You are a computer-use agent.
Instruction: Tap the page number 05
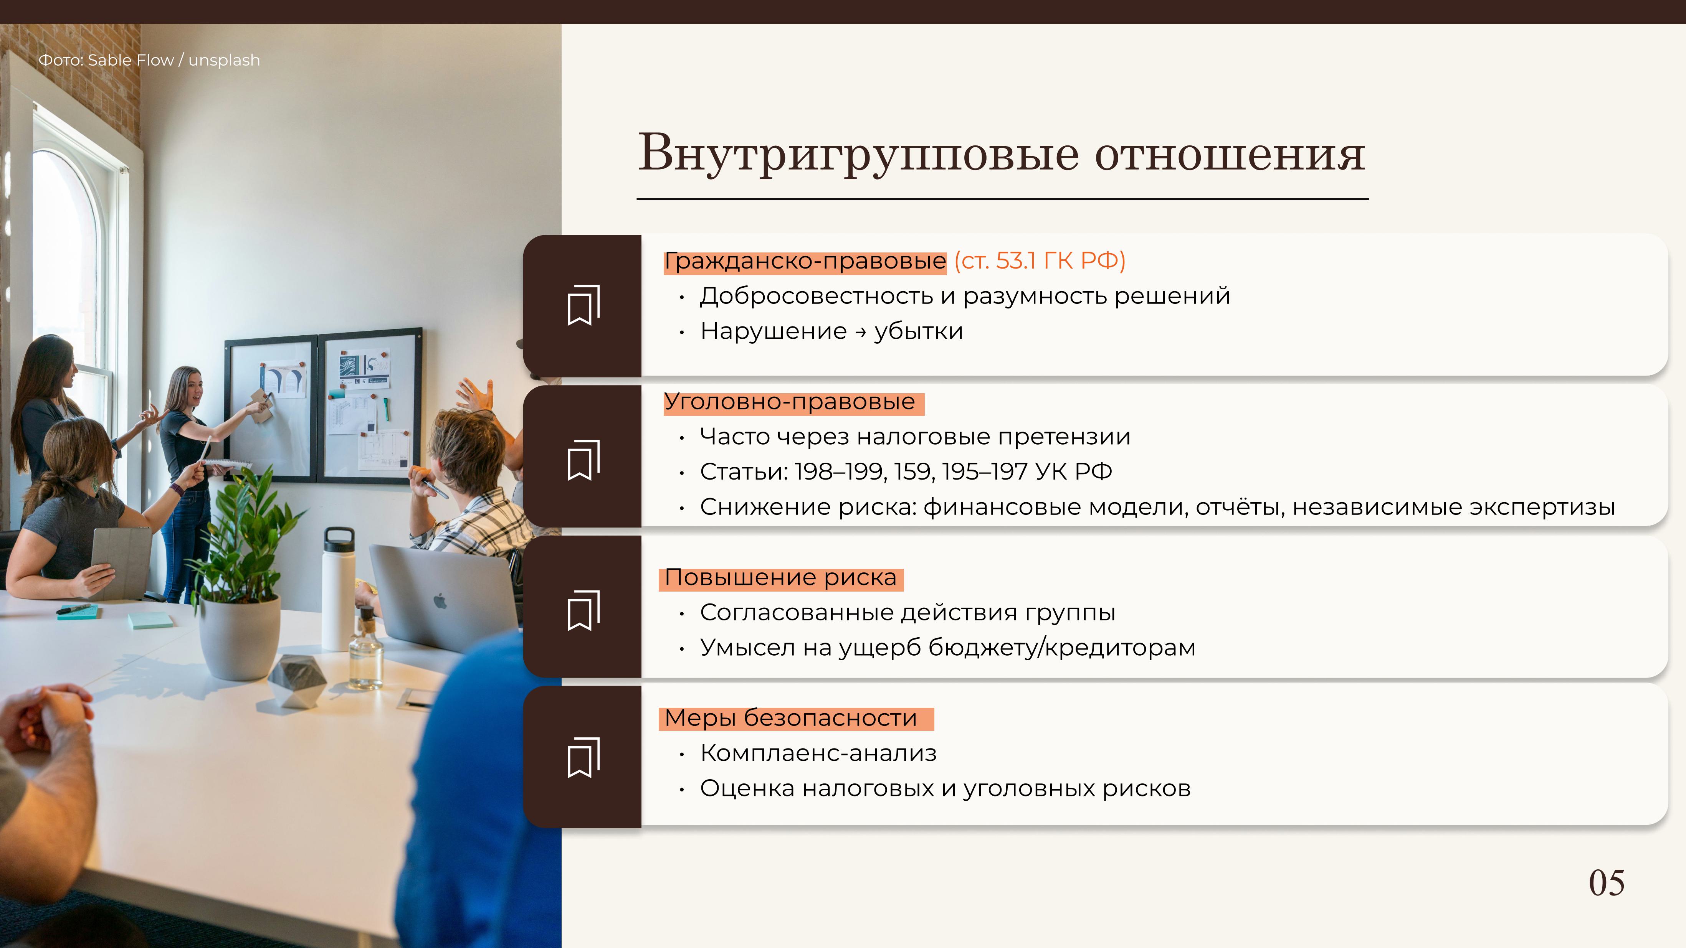[x=1607, y=883]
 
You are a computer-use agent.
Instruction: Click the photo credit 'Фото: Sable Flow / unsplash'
[x=149, y=60]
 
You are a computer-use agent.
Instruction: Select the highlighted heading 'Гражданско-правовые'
[x=805, y=261]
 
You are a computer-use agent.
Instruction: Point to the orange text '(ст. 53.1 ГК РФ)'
[x=1039, y=260]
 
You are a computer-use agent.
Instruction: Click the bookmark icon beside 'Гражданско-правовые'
[x=583, y=305]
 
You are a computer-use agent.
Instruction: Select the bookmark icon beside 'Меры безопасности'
[x=583, y=758]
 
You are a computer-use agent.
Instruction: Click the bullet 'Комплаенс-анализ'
[x=818, y=754]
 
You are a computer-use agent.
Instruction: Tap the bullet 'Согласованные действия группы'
[x=907, y=613]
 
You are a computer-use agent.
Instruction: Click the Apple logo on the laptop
[x=440, y=600]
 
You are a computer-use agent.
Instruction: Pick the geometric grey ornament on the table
[x=298, y=681]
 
